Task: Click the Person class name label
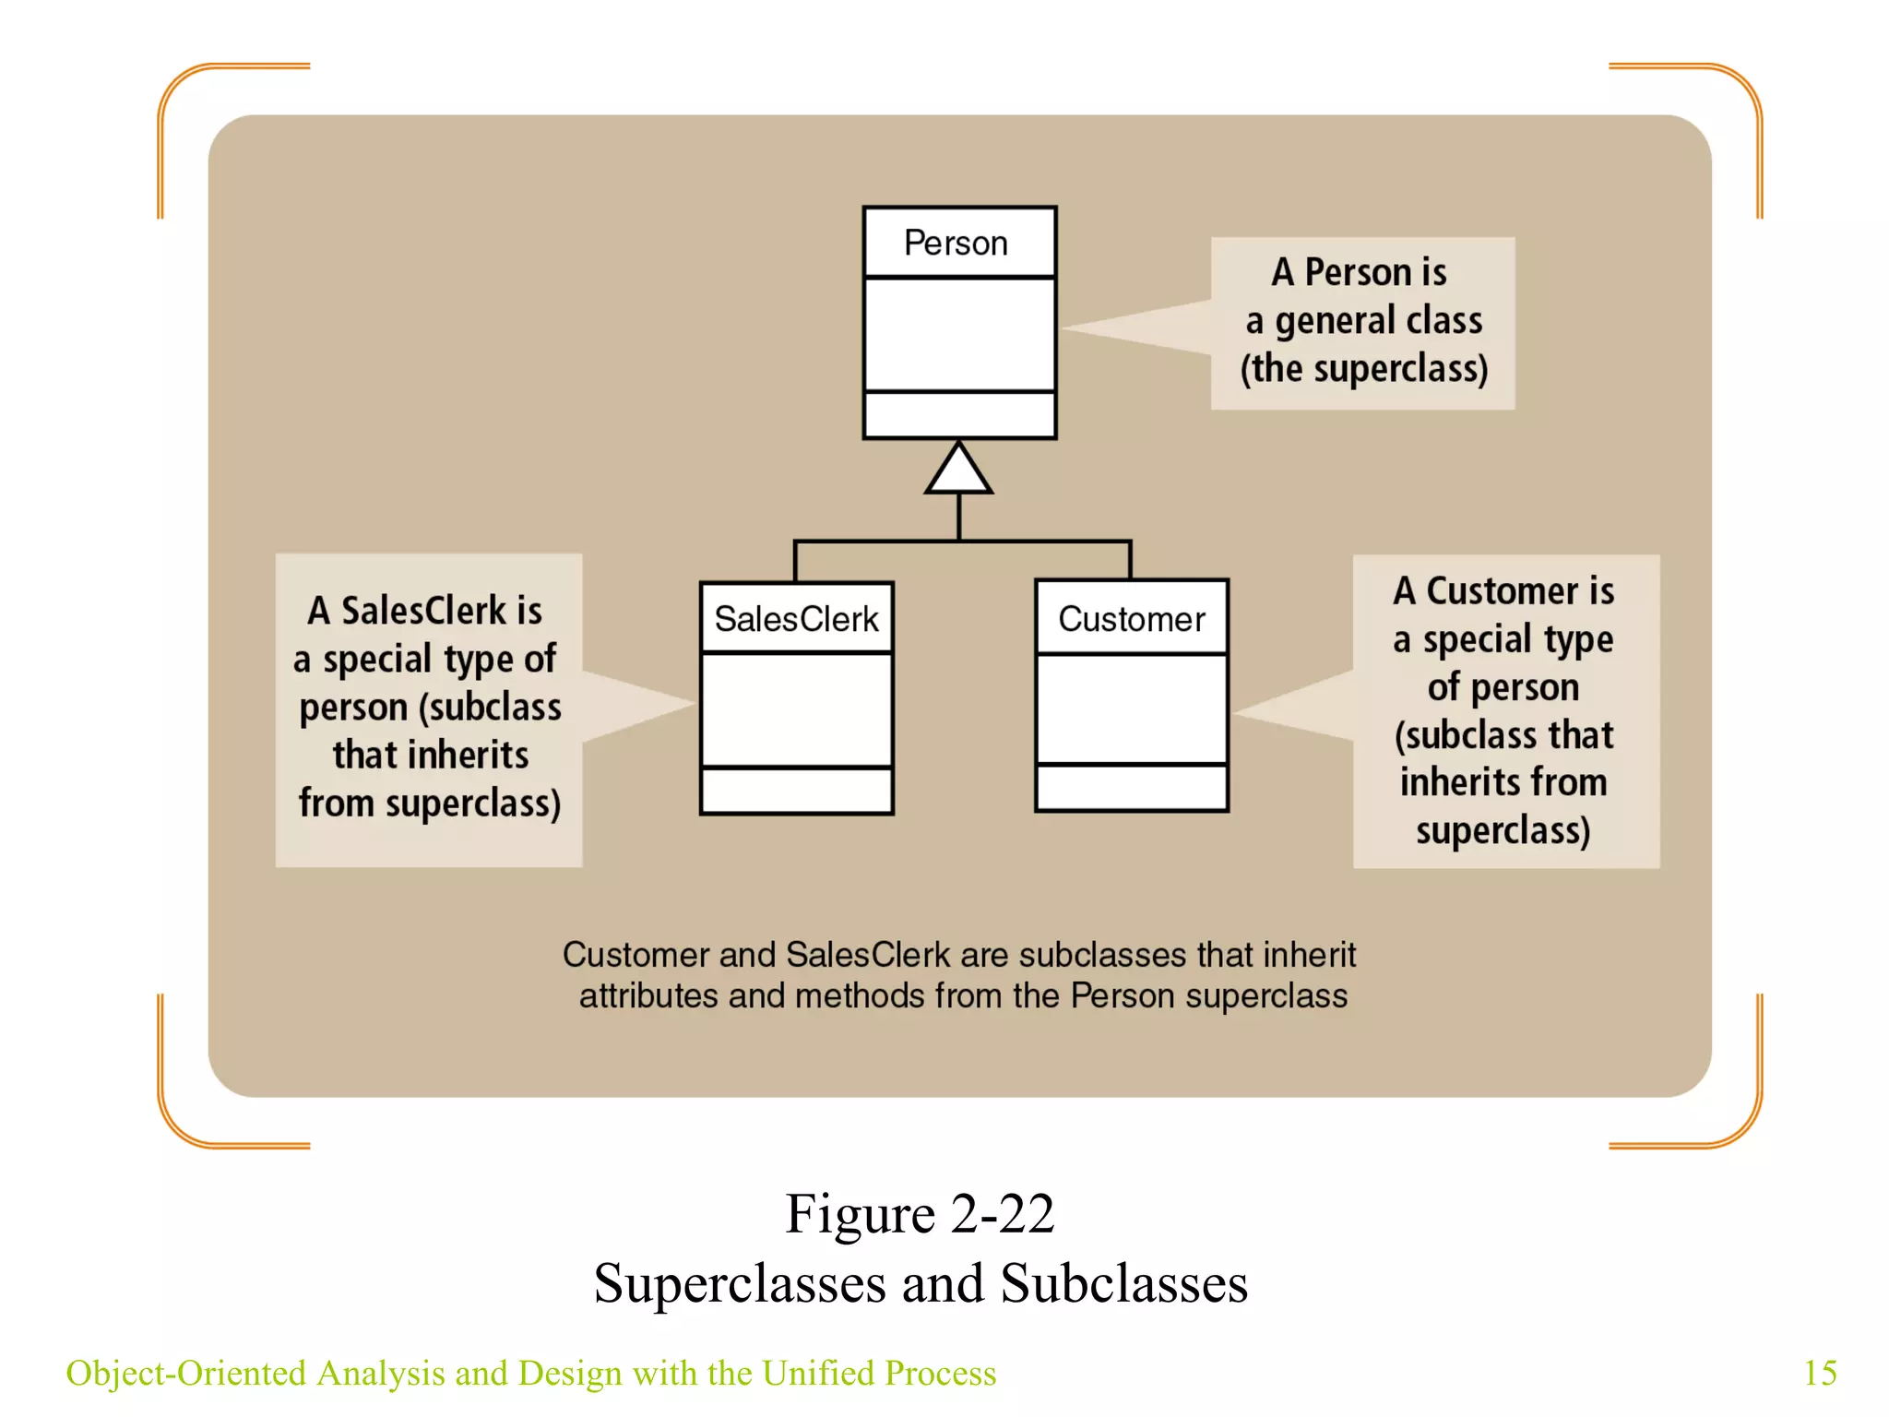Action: [x=956, y=244]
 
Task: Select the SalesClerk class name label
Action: [x=796, y=619]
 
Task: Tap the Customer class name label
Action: [x=1131, y=619]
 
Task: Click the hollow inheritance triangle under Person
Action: [x=958, y=470]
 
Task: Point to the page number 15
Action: [x=1819, y=1373]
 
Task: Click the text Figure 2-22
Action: [x=920, y=1213]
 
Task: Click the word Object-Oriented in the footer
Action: [x=185, y=1373]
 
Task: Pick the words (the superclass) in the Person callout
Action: [x=1363, y=369]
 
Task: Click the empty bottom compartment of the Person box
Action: [x=959, y=415]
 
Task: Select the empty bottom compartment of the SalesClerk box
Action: [x=796, y=791]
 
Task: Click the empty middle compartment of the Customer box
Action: [x=1132, y=708]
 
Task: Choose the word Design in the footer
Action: [x=570, y=1373]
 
